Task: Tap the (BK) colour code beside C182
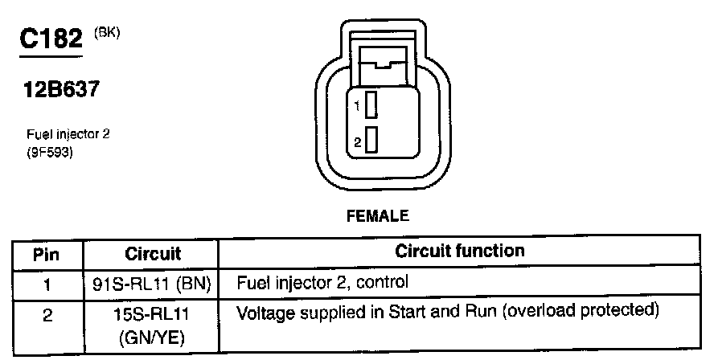106,33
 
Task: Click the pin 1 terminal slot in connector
371,104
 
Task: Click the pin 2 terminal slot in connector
371,141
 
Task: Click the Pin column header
47,255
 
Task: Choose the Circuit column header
153,255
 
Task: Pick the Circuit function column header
459,252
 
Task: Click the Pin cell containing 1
47,282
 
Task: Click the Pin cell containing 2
47,315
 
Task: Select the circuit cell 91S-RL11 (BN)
152,283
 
